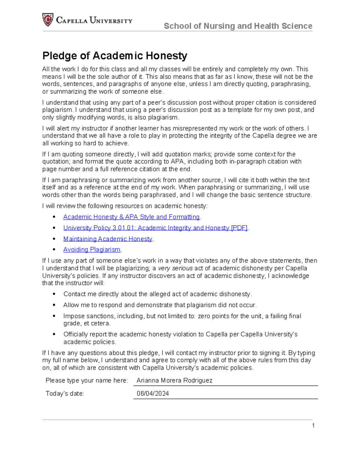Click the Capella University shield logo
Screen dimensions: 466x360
coord(48,20)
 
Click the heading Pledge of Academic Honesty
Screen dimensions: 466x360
coord(115,56)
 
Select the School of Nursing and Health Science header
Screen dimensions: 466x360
coord(238,26)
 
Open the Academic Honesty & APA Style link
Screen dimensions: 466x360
coord(131,217)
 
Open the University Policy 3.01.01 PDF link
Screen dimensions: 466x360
coord(155,228)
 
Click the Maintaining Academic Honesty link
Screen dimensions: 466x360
coord(108,239)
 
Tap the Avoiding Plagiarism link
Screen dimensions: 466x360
coord(92,250)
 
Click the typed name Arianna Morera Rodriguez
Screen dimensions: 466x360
coord(174,380)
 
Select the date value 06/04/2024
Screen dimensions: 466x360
coord(153,394)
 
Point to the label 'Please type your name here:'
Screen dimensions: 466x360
coord(87,380)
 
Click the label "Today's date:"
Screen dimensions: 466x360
coord(65,394)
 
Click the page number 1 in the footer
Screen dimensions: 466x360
coord(313,425)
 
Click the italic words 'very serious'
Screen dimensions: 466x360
coord(175,268)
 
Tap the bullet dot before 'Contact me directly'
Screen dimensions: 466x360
coord(54,294)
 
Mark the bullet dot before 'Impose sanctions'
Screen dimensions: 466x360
coord(54,316)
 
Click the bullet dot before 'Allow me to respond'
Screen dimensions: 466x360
coord(54,305)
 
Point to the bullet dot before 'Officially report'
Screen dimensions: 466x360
coord(54,334)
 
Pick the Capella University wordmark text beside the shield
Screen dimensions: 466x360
coord(94,20)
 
